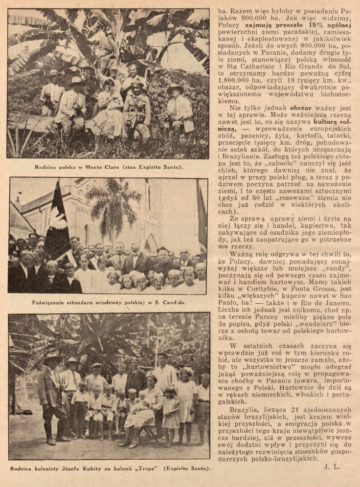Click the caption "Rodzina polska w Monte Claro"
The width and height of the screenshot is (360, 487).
109,168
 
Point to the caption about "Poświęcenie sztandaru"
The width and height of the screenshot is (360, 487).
109,303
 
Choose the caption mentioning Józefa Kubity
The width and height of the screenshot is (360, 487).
111,469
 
